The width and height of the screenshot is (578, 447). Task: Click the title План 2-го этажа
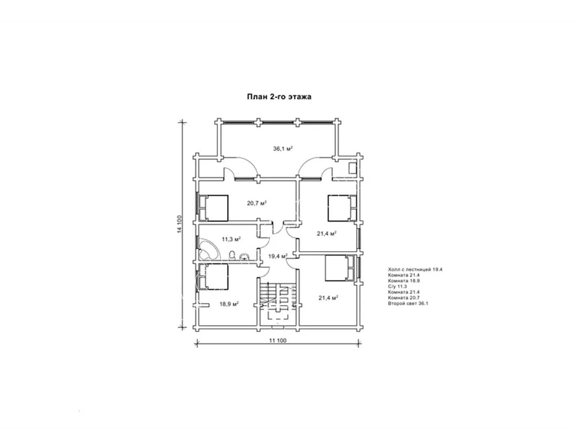279,97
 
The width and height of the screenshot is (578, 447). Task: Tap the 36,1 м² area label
283,149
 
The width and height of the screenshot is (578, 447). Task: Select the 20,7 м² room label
256,203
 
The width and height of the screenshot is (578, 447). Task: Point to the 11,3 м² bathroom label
231,239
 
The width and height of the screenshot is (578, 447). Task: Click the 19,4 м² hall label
278,256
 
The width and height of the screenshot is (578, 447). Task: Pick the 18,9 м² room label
229,304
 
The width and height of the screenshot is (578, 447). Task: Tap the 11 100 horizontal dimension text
278,341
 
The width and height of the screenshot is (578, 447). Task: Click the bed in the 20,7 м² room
213,208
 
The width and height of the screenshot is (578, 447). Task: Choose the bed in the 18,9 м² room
213,277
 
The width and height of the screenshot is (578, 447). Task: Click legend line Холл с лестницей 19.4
415,269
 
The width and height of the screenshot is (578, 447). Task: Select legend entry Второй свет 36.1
408,304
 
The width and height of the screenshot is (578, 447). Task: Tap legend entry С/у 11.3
398,286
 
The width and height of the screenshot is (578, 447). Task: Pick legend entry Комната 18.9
404,280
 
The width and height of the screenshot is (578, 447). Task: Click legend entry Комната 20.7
404,297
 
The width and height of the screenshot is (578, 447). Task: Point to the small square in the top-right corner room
353,168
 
